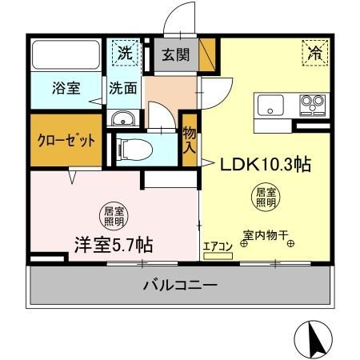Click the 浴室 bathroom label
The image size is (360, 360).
pyautogui.click(x=66, y=88)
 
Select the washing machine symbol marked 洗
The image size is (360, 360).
pyautogui.click(x=125, y=54)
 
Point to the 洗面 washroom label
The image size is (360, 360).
pyautogui.click(x=122, y=88)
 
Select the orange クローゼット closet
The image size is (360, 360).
pyautogui.click(x=67, y=139)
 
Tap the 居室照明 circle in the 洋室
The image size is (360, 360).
pyautogui.click(x=114, y=215)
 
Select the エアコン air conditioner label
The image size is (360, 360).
pyautogui.click(x=217, y=246)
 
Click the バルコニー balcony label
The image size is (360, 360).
pyautogui.click(x=181, y=285)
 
